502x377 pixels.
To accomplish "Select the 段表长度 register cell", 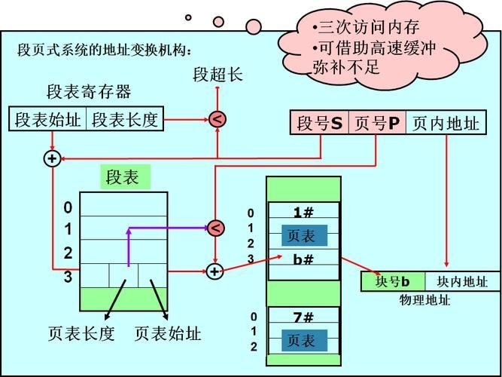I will click(126, 120).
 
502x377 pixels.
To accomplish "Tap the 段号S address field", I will click(319, 123).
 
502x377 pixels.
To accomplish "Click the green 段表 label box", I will click(122, 178).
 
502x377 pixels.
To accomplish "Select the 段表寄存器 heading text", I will click(89, 93).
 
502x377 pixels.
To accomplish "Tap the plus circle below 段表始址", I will click(51, 158).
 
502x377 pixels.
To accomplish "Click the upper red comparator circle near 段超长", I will click(217, 119).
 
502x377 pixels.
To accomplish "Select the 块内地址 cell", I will click(461, 282).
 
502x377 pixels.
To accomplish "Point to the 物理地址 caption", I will click(425, 300).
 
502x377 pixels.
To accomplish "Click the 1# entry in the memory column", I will click(303, 213).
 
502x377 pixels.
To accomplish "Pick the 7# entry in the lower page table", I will click(303, 317).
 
